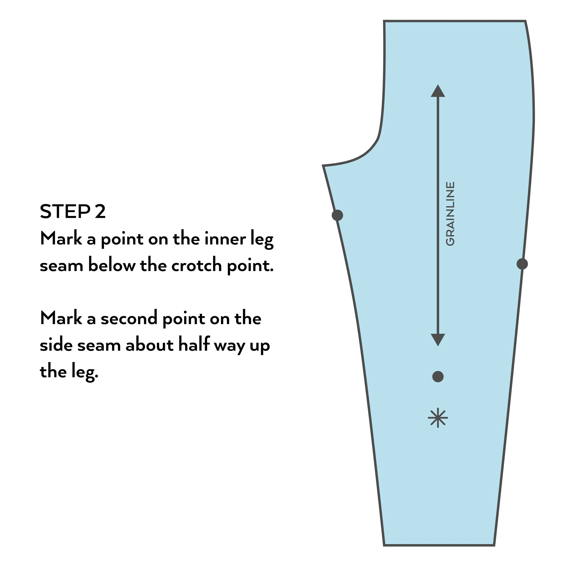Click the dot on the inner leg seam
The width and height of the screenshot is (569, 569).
tap(337, 215)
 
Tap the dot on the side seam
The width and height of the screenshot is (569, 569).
tap(522, 264)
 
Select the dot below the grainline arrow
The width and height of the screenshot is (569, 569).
tap(438, 376)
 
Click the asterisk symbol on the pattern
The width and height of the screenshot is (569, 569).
tap(438, 418)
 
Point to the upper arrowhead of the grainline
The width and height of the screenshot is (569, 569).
tap(438, 91)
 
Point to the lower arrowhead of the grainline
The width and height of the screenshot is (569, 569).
tap(438, 340)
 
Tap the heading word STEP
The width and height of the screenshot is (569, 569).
tap(65, 211)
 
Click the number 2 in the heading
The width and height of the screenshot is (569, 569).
tap(100, 211)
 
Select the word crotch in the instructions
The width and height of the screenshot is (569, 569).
tap(196, 265)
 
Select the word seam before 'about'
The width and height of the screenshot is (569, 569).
tap(99, 345)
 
